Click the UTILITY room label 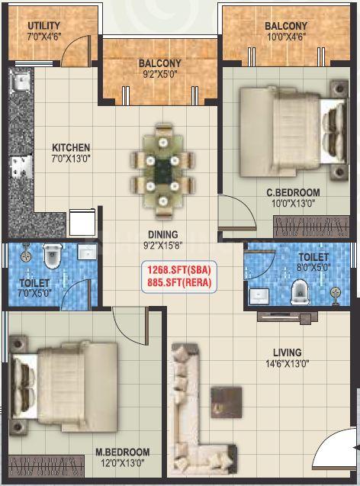pos(43,25)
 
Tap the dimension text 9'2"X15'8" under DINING pos(163,246)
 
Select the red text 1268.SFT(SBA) pos(179,270)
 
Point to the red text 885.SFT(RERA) pos(179,282)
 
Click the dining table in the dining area pos(162,171)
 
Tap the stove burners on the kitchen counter pos(21,167)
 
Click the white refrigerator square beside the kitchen pos(82,222)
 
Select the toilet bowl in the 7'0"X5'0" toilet pos(52,256)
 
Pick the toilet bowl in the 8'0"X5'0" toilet pos(300,291)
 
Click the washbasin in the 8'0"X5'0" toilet pos(259,296)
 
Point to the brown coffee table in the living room pos(227,402)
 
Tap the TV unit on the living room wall pos(288,317)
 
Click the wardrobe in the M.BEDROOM pos(47,466)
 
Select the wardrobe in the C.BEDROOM pos(311,227)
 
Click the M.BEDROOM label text pos(122,452)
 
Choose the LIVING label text pos(288,352)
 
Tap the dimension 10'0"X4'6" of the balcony pos(287,37)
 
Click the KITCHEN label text pos(71,147)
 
